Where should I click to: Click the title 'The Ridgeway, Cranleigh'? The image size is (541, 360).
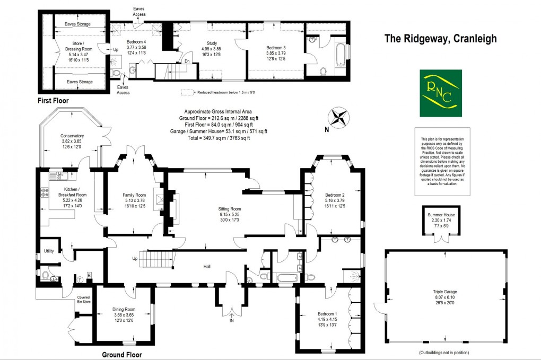[x=440, y=39]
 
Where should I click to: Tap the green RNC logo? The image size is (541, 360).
[x=440, y=93]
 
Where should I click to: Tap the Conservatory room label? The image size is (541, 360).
[x=73, y=136]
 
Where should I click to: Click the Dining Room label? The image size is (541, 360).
[x=124, y=309]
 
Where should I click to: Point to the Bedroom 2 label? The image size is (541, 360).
[x=335, y=195]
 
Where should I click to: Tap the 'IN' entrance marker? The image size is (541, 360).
[x=231, y=321]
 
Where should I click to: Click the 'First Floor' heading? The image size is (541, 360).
[x=53, y=100]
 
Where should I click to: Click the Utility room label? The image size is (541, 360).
[x=49, y=251]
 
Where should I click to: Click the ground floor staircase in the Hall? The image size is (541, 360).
[x=158, y=260]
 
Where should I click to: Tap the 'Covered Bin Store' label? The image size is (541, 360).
[x=83, y=300]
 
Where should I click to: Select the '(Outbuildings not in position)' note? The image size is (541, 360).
[x=443, y=352]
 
